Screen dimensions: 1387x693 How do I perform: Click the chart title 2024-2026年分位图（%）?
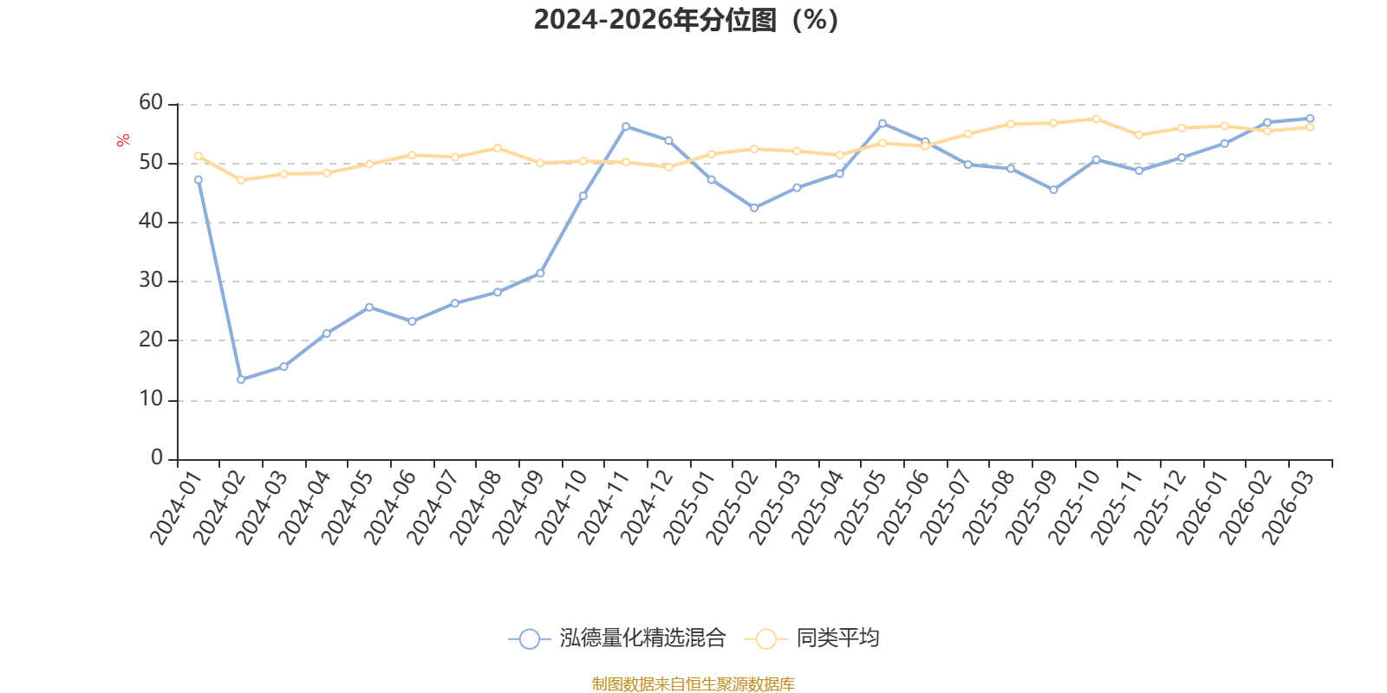coord(686,20)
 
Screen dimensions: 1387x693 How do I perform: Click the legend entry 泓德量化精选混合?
coord(616,638)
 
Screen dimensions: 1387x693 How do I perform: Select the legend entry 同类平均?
coord(811,638)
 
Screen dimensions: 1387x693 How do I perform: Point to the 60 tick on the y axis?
coord(151,103)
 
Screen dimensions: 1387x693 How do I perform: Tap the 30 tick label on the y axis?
coord(151,281)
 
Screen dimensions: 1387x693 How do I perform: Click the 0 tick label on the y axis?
coord(157,457)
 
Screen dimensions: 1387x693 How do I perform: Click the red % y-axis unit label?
coord(122,139)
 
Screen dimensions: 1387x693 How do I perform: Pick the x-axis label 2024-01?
coord(177,508)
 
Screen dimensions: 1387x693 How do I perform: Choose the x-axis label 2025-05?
coord(861,508)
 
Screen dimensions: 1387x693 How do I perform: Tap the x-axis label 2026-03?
coord(1288,508)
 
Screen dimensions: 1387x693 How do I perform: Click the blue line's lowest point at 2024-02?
coord(241,379)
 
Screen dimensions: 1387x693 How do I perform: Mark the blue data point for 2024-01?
coord(199,180)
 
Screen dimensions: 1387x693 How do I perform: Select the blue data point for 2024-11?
coord(626,126)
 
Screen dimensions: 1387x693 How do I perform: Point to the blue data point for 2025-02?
coord(754,208)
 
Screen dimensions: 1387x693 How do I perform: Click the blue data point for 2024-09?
coord(541,273)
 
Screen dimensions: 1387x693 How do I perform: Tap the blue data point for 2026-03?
coord(1310,118)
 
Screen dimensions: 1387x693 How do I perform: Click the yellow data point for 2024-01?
coord(199,156)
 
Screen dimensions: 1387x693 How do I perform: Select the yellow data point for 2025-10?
coord(1097,119)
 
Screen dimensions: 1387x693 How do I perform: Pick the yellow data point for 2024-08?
coord(498,148)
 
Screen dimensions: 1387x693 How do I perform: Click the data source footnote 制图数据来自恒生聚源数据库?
coord(693,683)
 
